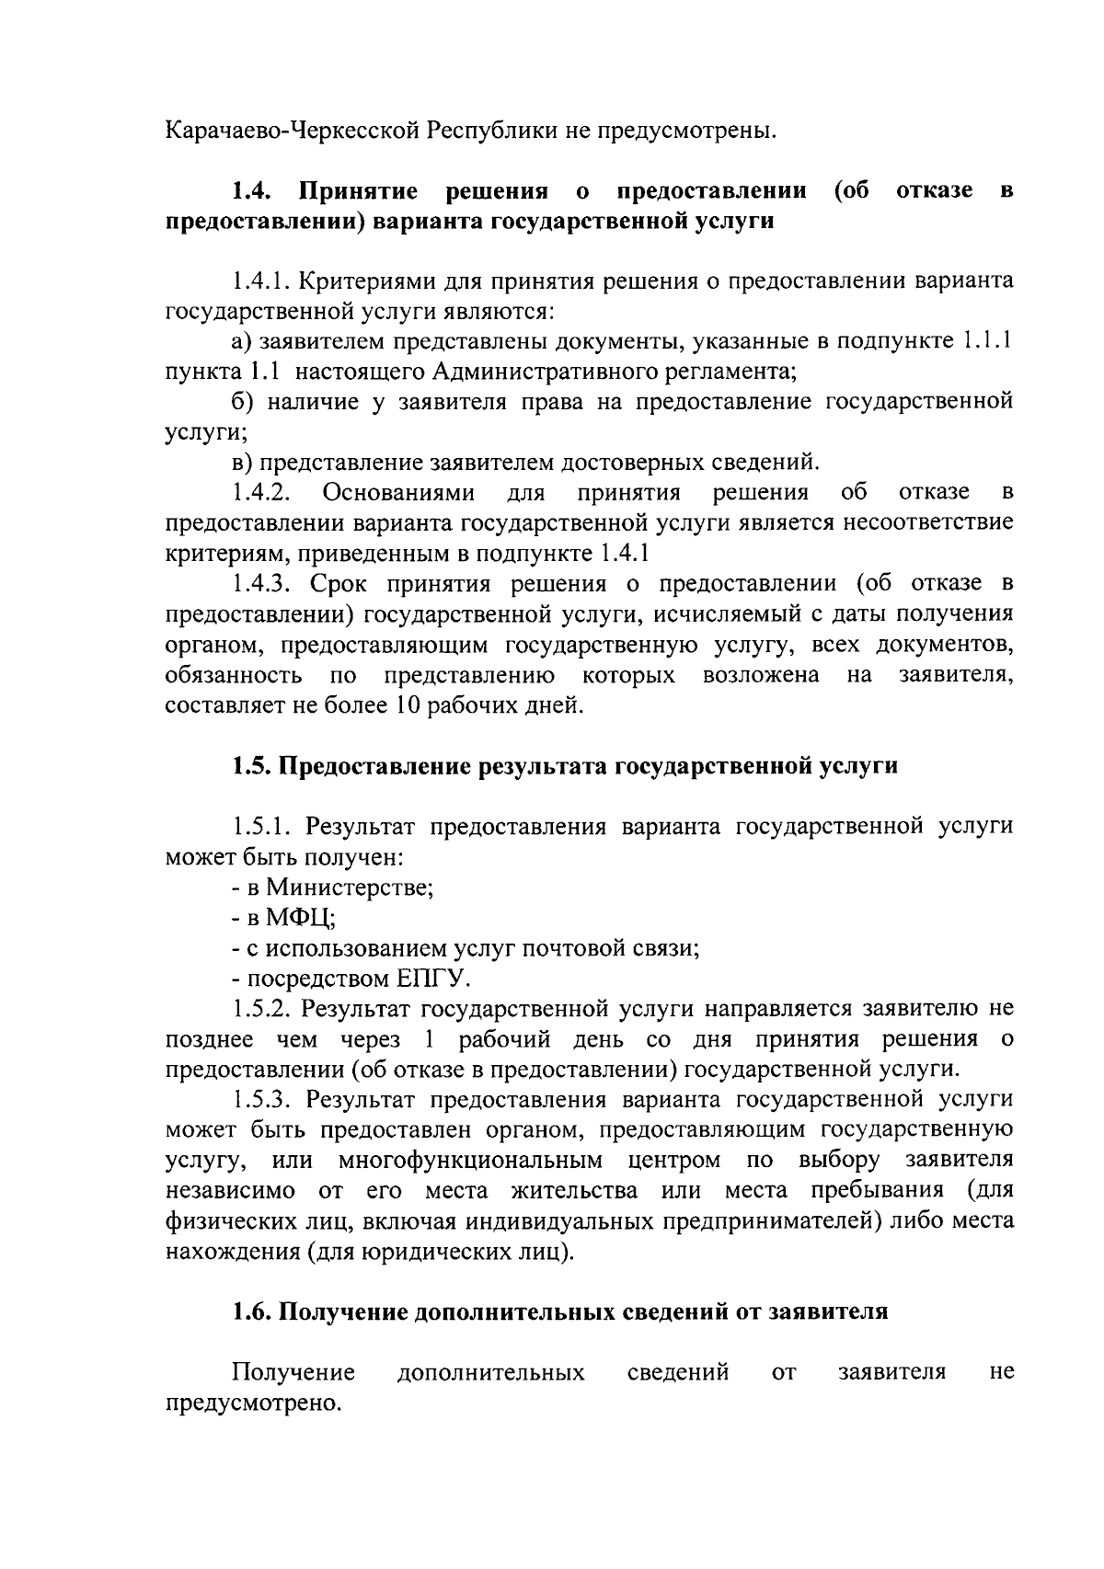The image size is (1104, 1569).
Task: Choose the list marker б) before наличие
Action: coord(242,402)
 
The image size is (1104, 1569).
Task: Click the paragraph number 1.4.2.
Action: coord(262,492)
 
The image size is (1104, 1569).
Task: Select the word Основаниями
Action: coord(398,492)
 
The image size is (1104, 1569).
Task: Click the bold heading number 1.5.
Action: coord(250,766)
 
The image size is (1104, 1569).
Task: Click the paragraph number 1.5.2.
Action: coord(262,1009)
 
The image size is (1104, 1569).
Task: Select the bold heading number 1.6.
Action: coord(250,1312)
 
